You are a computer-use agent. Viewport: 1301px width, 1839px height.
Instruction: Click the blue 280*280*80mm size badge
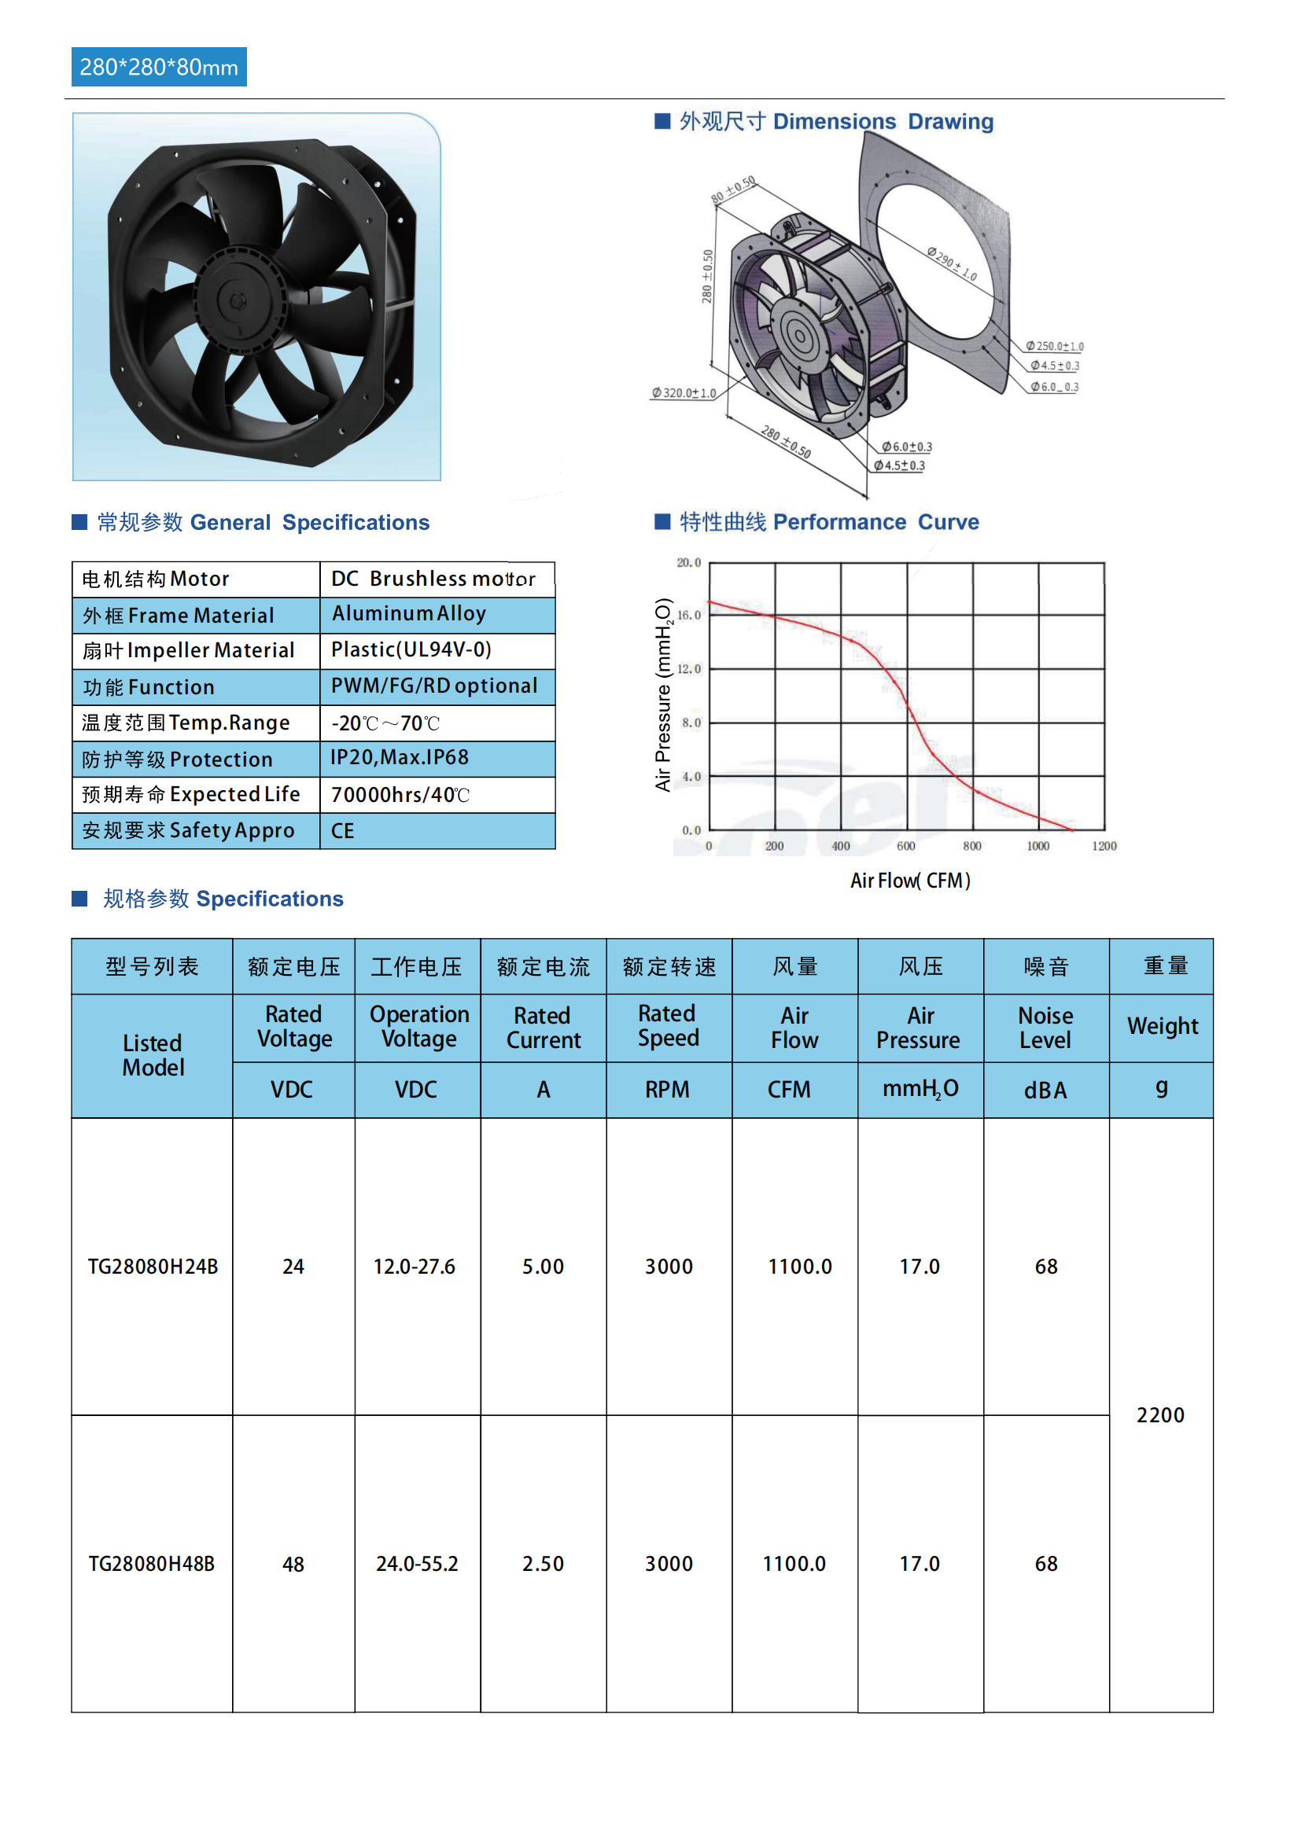[159, 68]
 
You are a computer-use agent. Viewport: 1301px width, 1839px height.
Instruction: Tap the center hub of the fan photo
[236, 301]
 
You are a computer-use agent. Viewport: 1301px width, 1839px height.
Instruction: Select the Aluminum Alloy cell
[408, 613]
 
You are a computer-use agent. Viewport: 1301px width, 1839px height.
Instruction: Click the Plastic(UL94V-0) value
[411, 649]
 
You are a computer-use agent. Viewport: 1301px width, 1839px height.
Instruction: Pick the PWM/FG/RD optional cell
[433, 686]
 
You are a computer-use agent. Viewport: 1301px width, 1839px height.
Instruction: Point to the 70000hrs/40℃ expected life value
[400, 795]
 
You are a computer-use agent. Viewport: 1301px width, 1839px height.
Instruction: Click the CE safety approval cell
[342, 830]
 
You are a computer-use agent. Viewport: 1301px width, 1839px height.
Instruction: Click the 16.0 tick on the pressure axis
[689, 615]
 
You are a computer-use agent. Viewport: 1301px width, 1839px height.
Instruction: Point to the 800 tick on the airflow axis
[971, 846]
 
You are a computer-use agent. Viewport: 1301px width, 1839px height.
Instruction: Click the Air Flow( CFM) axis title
[910, 881]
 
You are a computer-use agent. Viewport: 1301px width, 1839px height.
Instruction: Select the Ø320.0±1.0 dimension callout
[684, 393]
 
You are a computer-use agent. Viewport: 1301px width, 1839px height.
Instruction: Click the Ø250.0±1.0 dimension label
[1054, 346]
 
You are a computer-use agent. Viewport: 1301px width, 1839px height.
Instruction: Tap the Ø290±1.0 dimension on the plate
[952, 263]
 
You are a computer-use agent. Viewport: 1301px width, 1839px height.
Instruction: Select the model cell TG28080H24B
[153, 1267]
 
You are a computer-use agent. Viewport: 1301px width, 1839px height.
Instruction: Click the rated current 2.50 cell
[544, 1564]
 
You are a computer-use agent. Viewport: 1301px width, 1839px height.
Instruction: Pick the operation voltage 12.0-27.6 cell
[415, 1267]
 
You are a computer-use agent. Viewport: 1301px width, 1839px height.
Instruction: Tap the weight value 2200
[1160, 1415]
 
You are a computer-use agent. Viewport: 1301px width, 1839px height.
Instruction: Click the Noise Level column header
[1045, 1028]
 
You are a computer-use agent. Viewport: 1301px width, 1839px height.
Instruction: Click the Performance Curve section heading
[828, 522]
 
